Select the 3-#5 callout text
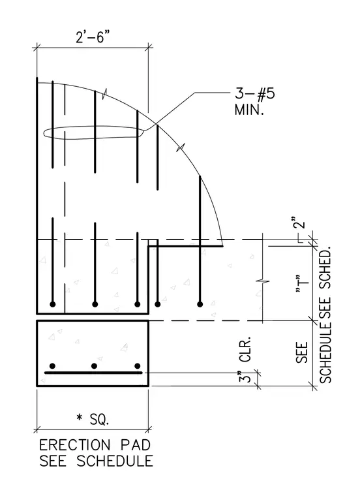(254, 93)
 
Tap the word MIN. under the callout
(249, 110)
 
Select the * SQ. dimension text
(93, 419)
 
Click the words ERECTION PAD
(95, 445)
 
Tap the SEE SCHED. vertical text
(325, 283)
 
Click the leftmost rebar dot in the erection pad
(52, 366)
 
